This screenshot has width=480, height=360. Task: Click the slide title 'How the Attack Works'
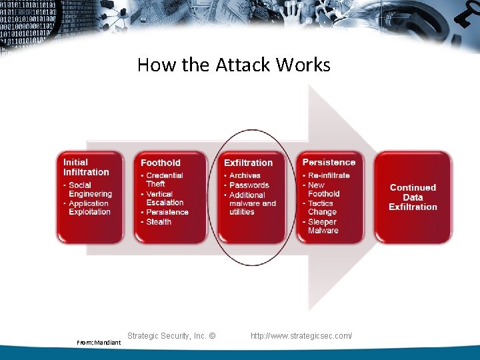pyautogui.click(x=233, y=65)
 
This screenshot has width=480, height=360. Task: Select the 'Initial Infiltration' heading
pyautogui.click(x=86, y=167)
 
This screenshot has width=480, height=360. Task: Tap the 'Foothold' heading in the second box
pyautogui.click(x=161, y=163)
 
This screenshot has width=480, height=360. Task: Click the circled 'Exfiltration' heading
pyautogui.click(x=248, y=163)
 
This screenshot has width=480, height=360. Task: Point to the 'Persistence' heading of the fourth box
pyautogui.click(x=329, y=162)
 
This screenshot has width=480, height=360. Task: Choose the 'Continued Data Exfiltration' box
pyautogui.click(x=413, y=197)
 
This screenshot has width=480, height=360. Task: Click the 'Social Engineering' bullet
pyautogui.click(x=90, y=189)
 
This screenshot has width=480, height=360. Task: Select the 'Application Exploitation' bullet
pyautogui.click(x=89, y=207)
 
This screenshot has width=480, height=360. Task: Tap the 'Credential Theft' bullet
pyautogui.click(x=164, y=179)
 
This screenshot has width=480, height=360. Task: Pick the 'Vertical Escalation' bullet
pyautogui.click(x=165, y=198)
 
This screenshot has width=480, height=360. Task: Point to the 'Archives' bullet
pyautogui.click(x=245, y=175)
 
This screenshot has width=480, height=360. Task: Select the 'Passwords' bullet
pyautogui.click(x=249, y=185)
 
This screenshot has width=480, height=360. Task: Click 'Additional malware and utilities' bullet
pyautogui.click(x=252, y=203)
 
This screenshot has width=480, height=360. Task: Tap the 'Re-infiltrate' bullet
pyautogui.click(x=329, y=175)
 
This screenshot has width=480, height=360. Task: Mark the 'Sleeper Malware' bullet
pyautogui.click(x=323, y=226)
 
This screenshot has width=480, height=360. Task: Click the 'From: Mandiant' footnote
pyautogui.click(x=99, y=343)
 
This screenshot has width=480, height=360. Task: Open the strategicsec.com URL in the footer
pyautogui.click(x=301, y=335)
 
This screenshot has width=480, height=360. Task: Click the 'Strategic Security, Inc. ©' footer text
pyautogui.click(x=171, y=335)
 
